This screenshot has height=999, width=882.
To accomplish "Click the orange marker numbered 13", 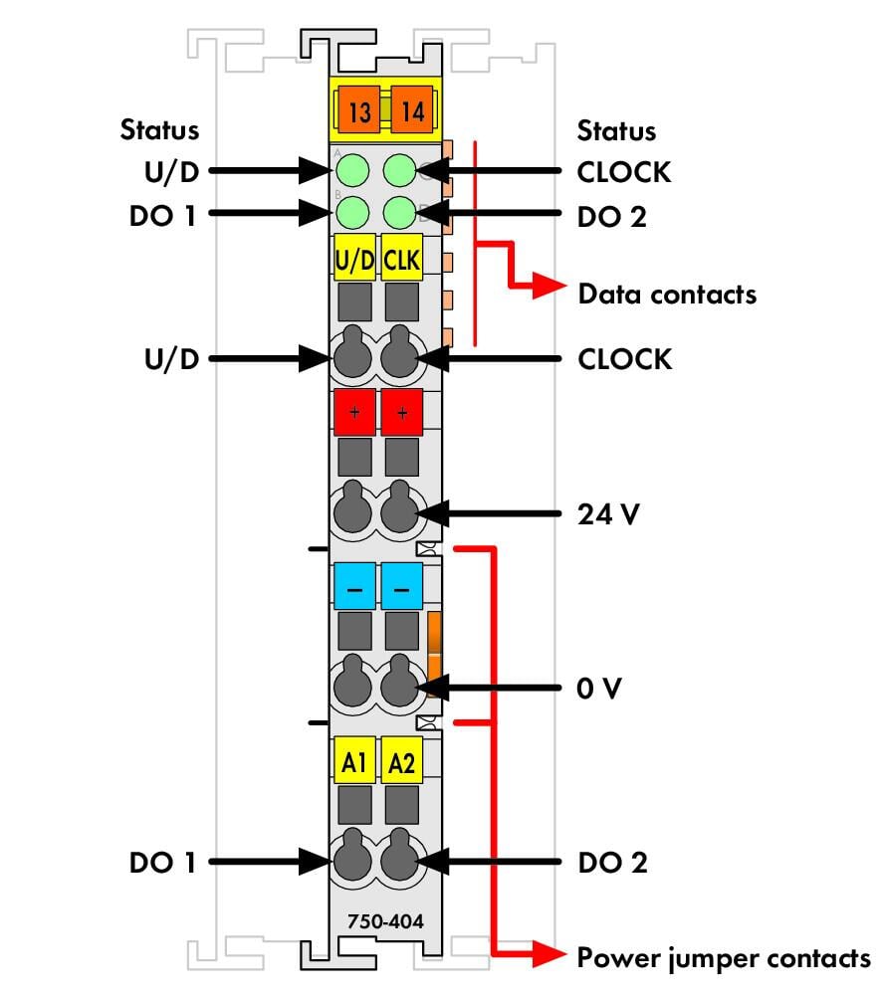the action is (358, 110).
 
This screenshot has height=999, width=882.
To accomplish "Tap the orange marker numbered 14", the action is (412, 110).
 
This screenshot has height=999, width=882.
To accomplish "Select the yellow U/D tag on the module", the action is (354, 258).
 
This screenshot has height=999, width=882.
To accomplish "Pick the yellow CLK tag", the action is (401, 258).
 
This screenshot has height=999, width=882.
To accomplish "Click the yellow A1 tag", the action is (354, 760).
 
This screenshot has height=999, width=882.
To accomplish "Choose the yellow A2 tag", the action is (401, 760).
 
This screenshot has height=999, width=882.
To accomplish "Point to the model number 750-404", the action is (385, 921).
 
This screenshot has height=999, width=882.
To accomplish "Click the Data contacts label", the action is (667, 295).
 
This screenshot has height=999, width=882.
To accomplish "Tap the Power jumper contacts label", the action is (724, 959).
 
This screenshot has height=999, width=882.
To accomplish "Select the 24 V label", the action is (608, 513).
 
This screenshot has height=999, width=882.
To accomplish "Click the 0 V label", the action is (598, 689).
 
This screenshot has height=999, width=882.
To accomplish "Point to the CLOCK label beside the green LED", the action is (624, 172).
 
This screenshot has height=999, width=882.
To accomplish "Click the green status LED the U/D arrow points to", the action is (352, 170).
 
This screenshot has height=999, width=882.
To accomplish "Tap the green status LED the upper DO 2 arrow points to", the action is (400, 212).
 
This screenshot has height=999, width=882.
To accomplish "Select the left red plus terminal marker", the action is (354, 412).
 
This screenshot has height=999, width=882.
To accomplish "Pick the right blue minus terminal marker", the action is (401, 586).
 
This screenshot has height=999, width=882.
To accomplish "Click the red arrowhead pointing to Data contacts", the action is (549, 286).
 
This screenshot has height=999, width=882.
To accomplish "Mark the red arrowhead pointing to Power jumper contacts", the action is (549, 954).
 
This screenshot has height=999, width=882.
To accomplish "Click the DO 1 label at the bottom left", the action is (162, 862).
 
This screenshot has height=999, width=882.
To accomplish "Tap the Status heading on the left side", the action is (159, 129).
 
